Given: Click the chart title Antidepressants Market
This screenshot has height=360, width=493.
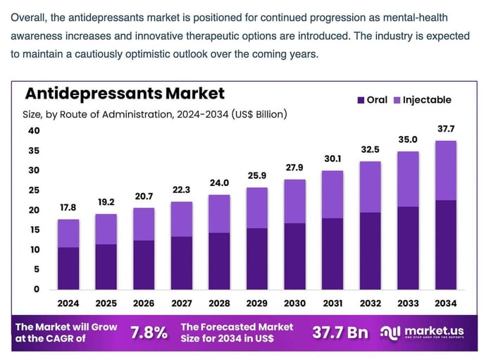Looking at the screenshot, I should [x=125, y=94].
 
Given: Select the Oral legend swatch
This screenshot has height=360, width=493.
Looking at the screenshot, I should [x=362, y=100].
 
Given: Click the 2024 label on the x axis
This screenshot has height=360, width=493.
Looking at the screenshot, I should [x=68, y=303].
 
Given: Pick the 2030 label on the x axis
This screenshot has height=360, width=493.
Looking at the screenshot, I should [x=294, y=303].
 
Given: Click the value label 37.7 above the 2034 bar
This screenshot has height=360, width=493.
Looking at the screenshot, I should [x=445, y=130].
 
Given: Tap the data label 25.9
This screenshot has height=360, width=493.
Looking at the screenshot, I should [x=256, y=175].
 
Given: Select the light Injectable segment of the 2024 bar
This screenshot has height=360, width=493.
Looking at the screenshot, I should [x=68, y=233].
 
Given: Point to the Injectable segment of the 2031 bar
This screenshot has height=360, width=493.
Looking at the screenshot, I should [x=332, y=194].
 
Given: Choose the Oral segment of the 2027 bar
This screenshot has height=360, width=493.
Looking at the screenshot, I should [x=181, y=263].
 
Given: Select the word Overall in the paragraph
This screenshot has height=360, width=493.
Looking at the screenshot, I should [x=30, y=17].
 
